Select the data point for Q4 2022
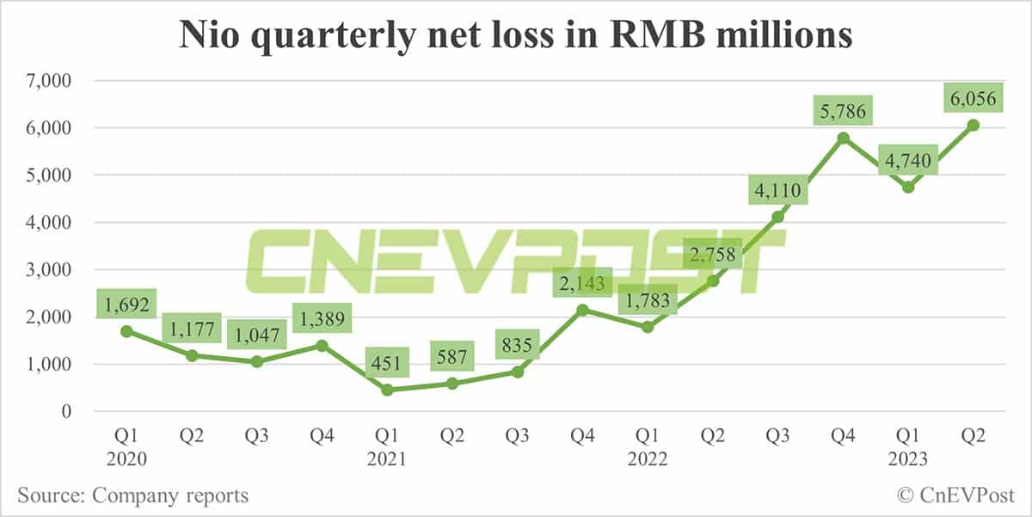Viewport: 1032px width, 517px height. [844, 138]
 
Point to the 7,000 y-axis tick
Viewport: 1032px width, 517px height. [46, 81]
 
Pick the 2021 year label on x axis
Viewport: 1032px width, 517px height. [387, 459]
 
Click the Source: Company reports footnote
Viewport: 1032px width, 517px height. [132, 495]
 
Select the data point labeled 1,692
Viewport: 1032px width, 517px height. [126, 331]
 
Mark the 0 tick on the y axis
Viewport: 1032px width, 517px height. [63, 412]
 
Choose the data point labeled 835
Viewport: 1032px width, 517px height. [518, 372]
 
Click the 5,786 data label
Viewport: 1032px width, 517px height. [844, 110]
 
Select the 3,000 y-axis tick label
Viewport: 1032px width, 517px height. [46, 270]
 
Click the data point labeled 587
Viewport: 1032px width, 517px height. [452, 384]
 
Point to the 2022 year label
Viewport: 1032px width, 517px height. [648, 459]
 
